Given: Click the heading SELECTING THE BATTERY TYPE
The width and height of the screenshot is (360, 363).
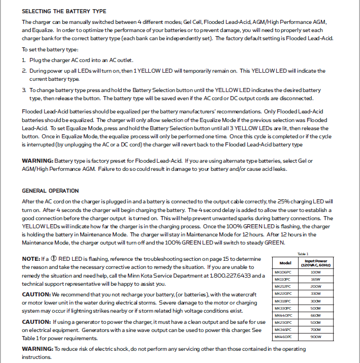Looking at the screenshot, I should tap(64, 11).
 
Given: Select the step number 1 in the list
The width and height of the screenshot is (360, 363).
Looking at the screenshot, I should tap(23, 60).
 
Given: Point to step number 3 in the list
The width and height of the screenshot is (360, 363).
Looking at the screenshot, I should tap(23, 90).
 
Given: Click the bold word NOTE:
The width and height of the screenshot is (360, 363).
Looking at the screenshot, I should tap(31, 259).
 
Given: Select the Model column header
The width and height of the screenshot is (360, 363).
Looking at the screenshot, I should tap(285, 263).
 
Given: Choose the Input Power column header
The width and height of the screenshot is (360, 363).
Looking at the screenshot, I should tap(315, 263).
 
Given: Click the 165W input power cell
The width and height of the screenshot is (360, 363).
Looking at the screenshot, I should tap(315, 279).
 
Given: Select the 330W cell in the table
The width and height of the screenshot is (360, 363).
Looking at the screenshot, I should tap(315, 293).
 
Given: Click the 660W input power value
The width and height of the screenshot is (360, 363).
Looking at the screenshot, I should tap(315, 315).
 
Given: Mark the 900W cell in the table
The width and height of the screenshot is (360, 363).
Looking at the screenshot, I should tap(315, 336).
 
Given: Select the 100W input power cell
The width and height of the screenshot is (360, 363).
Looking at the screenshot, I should tap(315, 272).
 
